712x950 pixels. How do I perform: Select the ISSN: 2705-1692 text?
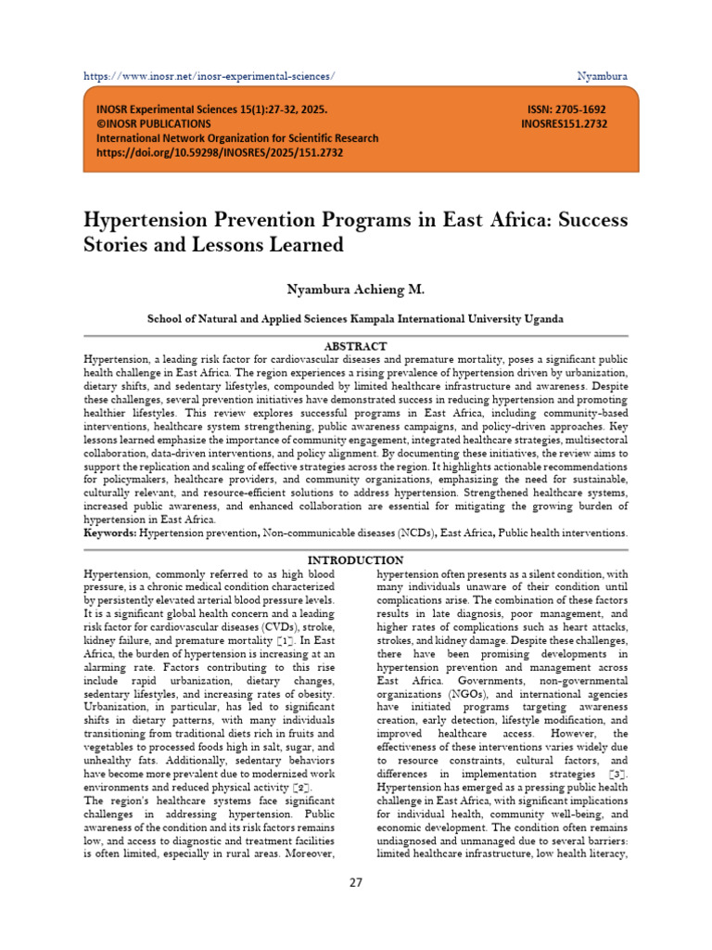click(566, 109)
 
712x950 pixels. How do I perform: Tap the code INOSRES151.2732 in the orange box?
click(564, 123)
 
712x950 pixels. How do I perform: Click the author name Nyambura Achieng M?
click(355, 290)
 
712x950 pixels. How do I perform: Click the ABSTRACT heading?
click(355, 345)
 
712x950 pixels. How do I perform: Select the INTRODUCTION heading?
click(355, 560)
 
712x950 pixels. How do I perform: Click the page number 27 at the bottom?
click(356, 882)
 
